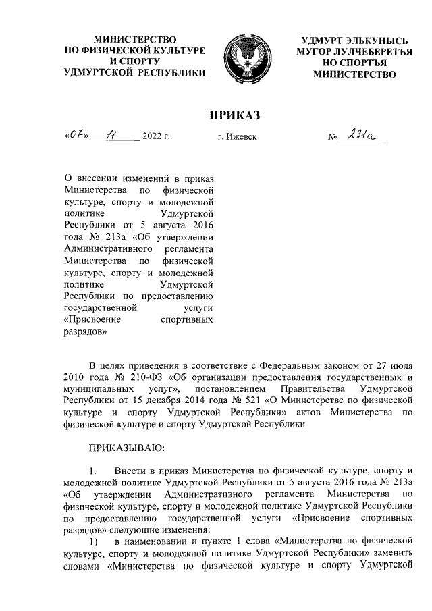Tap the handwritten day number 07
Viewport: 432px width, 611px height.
coord(76,136)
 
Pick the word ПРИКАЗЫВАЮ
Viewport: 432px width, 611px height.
coord(126,447)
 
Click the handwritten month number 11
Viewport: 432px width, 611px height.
coord(111,136)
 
